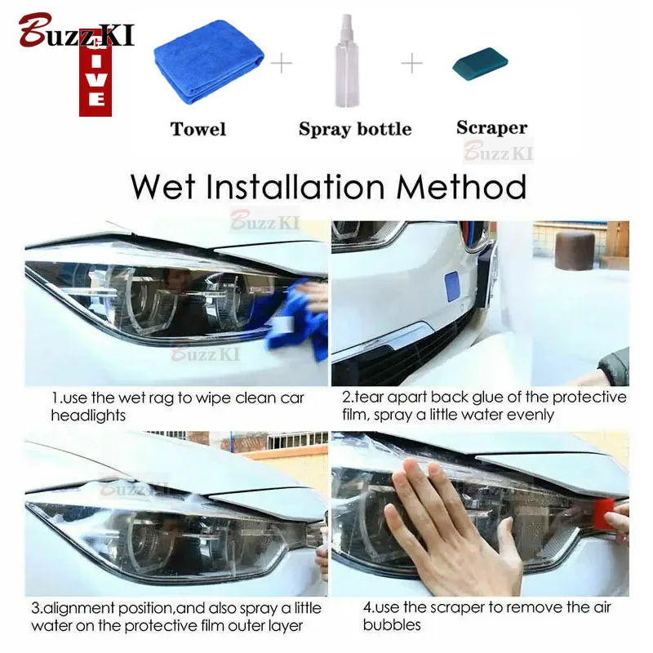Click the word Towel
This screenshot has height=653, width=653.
198,129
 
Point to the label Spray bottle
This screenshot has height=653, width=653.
355,129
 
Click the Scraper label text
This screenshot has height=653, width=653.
492,127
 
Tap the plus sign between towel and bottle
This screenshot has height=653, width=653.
282,64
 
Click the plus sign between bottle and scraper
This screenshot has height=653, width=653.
412,64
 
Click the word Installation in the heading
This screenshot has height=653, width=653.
295,187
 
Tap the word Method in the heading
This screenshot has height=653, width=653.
461,187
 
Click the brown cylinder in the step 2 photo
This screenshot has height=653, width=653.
575,251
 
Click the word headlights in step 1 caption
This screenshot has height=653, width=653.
88,415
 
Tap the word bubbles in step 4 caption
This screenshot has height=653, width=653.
392,624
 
